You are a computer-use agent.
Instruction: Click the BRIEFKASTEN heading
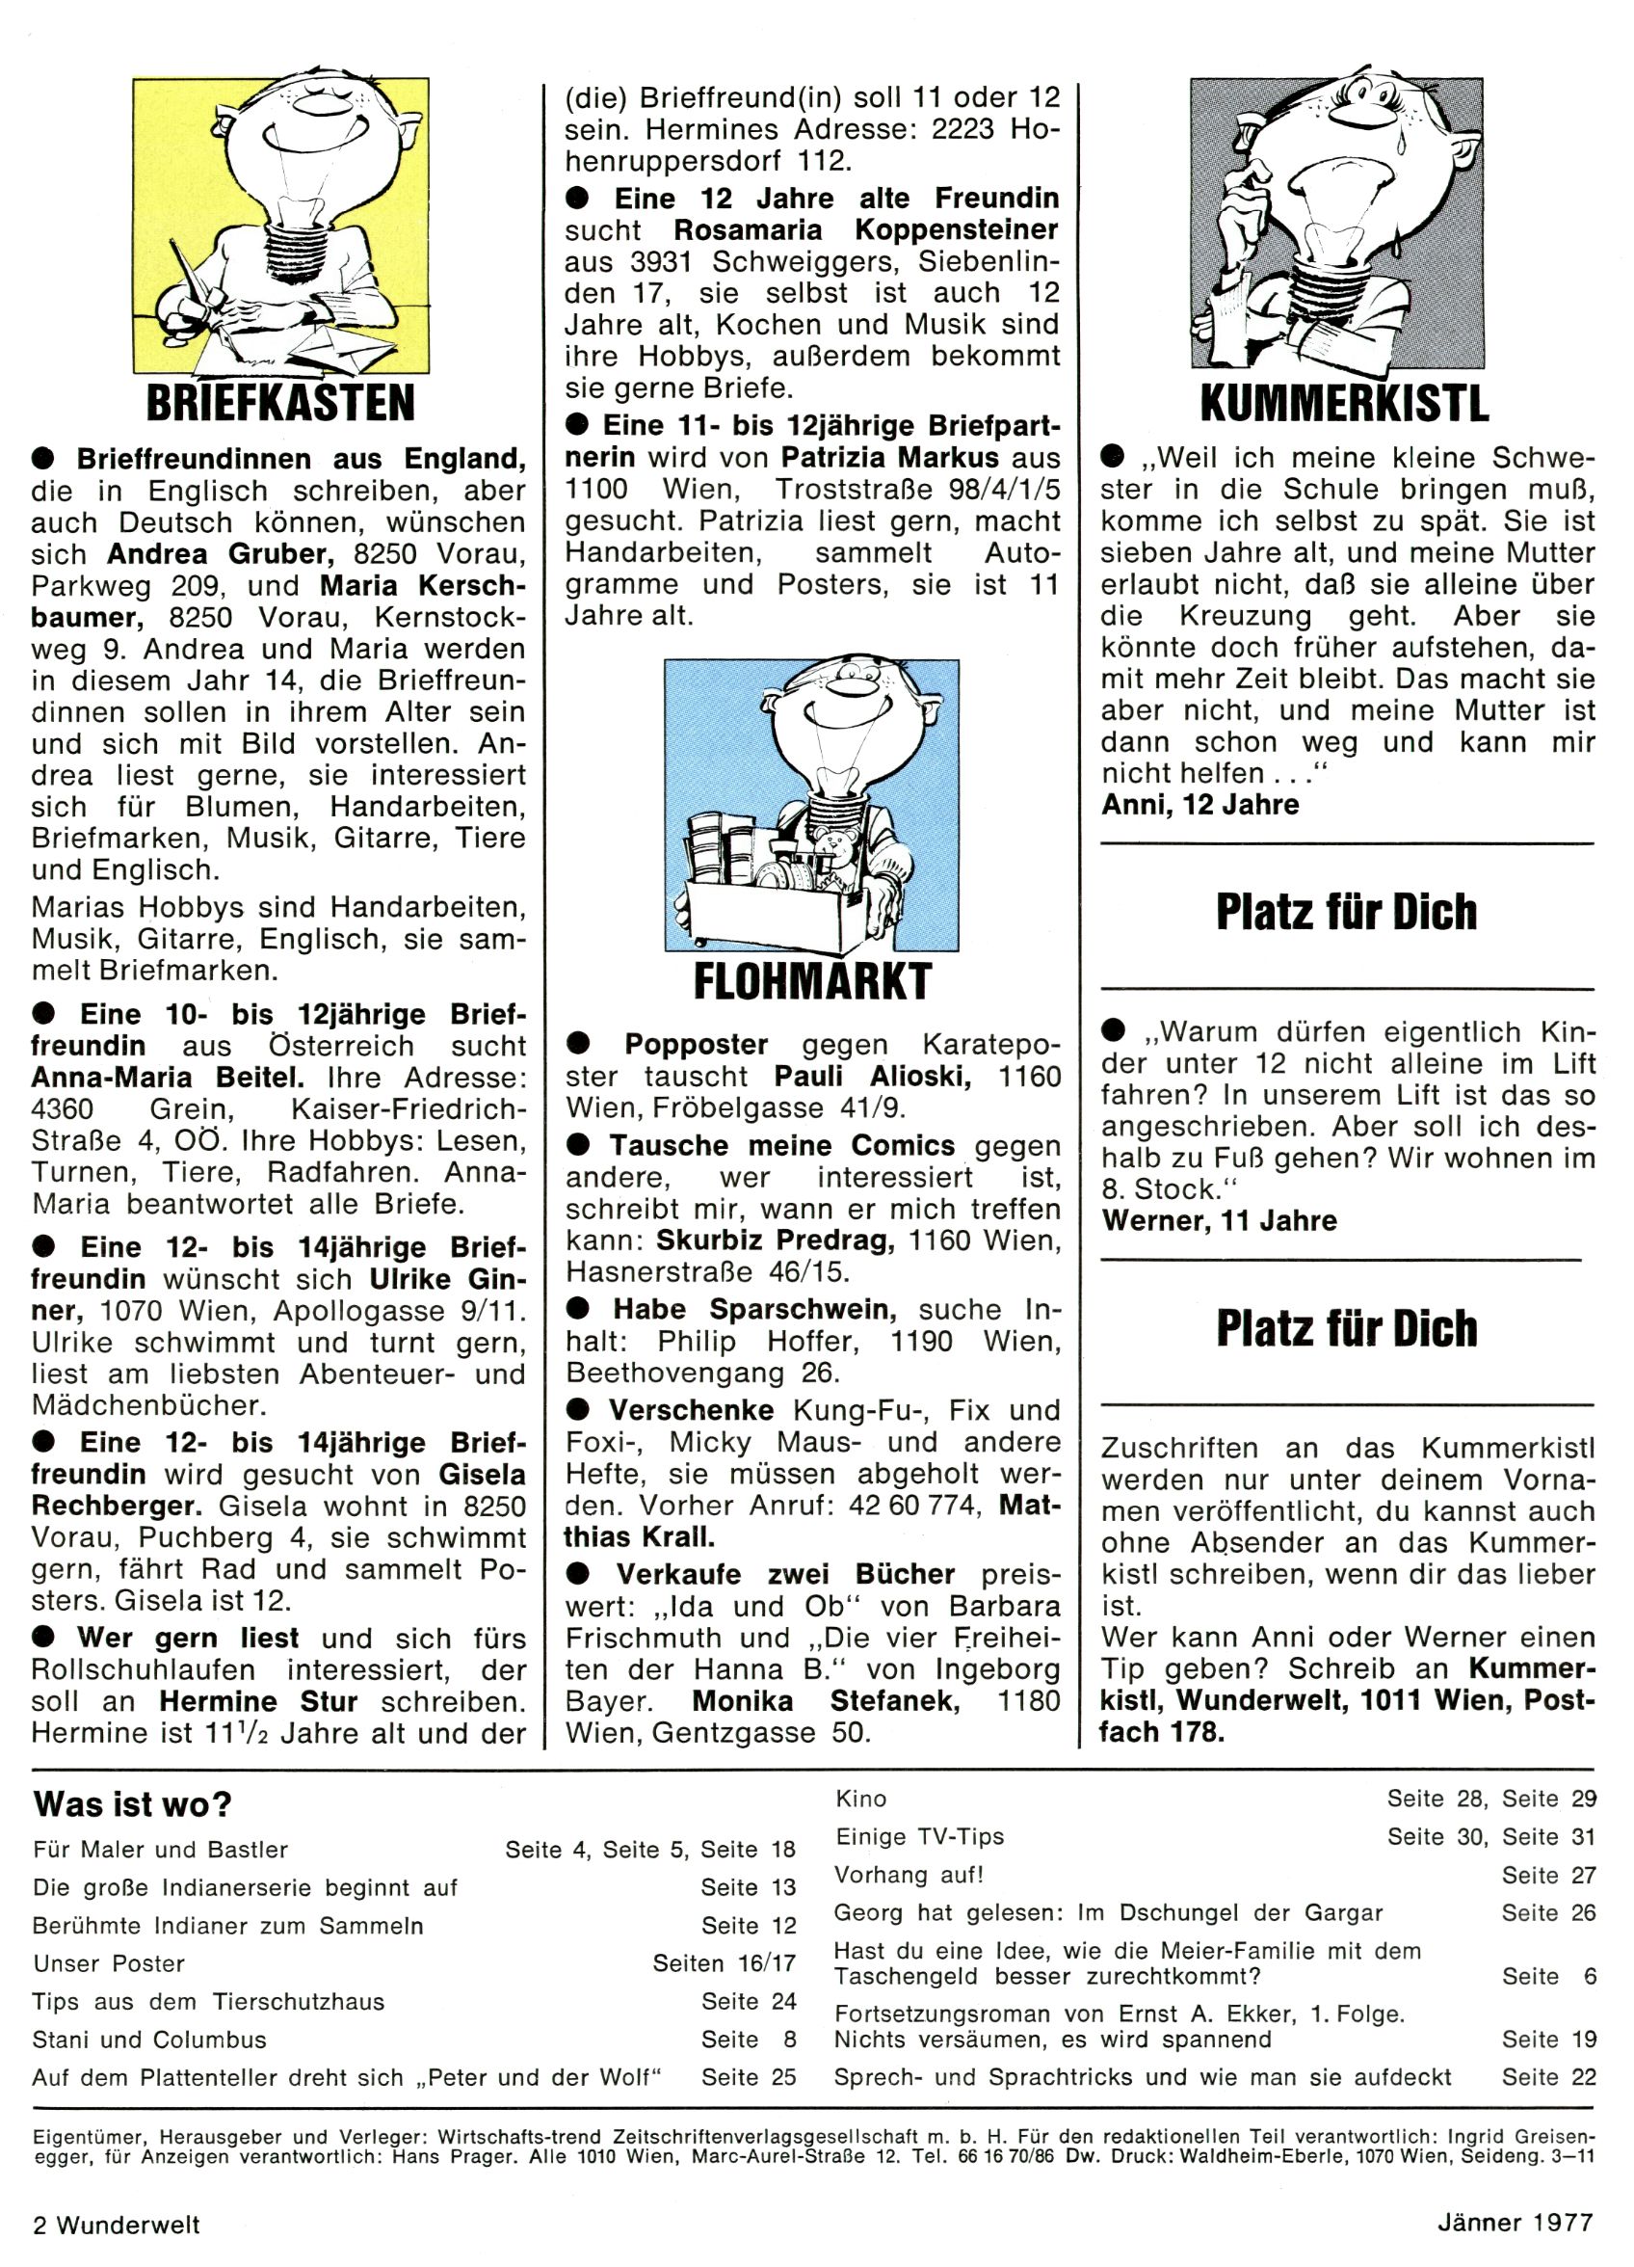[x=279, y=403]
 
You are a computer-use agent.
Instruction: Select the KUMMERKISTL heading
[x=1343, y=403]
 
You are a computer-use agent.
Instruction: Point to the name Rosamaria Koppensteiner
[x=865, y=230]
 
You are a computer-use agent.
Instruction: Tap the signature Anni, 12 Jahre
[x=1199, y=805]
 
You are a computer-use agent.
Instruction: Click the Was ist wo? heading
[x=132, y=1804]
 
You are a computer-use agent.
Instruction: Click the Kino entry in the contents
[x=860, y=1800]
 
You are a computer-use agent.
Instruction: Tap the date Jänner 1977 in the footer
[x=1515, y=2224]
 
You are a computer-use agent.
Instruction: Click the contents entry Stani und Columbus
[x=149, y=2040]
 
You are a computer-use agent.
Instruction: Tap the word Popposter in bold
[x=696, y=1045]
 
